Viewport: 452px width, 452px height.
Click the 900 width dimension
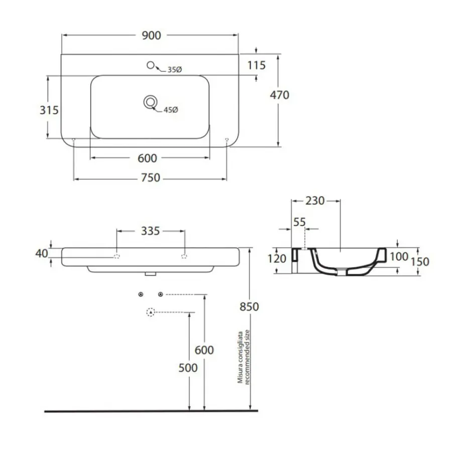[x=151, y=36]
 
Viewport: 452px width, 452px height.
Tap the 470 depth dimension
[x=280, y=95]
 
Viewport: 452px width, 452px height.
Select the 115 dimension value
[x=256, y=65]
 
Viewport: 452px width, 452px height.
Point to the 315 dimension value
[x=49, y=110]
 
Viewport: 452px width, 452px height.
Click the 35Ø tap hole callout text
[x=175, y=70]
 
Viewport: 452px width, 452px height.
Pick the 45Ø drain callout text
[x=171, y=110]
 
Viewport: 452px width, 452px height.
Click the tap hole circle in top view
[x=151, y=65]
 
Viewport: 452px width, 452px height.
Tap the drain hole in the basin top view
[x=150, y=102]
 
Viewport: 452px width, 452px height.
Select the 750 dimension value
[x=151, y=178]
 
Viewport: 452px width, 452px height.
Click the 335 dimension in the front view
[x=150, y=231]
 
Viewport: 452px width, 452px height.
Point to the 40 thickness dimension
[x=42, y=254]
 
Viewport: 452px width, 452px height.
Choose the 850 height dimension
[x=249, y=307]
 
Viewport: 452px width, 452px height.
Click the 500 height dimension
[x=188, y=368]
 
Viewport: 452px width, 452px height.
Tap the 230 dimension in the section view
[x=315, y=201]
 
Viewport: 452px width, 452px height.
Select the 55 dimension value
[x=299, y=222]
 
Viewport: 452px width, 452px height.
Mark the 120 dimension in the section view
[x=277, y=259]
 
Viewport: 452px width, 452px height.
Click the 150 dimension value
[x=420, y=262]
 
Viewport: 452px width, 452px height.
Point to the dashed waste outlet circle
[x=151, y=312]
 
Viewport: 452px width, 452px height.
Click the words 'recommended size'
[x=247, y=357]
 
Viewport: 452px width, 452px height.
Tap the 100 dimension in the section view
[x=399, y=257]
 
